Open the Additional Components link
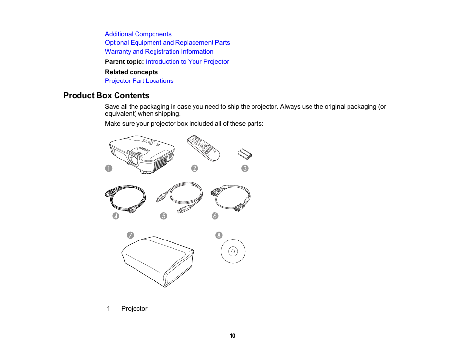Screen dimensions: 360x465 138,34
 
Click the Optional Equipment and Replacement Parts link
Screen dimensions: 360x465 167,43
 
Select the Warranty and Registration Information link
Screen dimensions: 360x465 159,52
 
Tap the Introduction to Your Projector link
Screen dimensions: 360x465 187,62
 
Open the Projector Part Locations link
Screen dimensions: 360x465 139,81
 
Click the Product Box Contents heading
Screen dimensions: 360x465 106,96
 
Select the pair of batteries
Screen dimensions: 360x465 245,154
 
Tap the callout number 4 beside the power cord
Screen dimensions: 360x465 116,216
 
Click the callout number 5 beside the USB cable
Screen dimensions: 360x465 164,216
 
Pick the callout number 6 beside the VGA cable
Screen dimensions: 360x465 215,216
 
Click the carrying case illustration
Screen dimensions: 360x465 157,261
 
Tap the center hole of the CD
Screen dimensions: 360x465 233,252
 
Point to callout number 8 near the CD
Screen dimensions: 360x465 219,235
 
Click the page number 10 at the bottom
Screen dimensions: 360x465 232,336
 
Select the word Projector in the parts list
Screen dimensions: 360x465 135,309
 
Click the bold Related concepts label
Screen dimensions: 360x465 132,72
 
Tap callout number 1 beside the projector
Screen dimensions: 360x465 109,168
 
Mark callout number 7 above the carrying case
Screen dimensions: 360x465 130,235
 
